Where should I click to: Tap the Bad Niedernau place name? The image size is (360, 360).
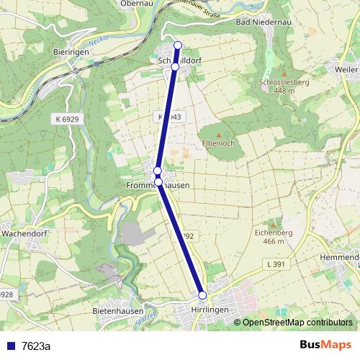pyautogui.click(x=263, y=22)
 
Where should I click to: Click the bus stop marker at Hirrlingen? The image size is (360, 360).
pyautogui.click(x=202, y=295)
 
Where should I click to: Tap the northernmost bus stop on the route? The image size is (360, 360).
pyautogui.click(x=178, y=46)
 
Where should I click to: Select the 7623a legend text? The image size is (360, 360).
pyautogui.click(x=36, y=346)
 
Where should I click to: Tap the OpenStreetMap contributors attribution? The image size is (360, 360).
pyautogui.click(x=297, y=323)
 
